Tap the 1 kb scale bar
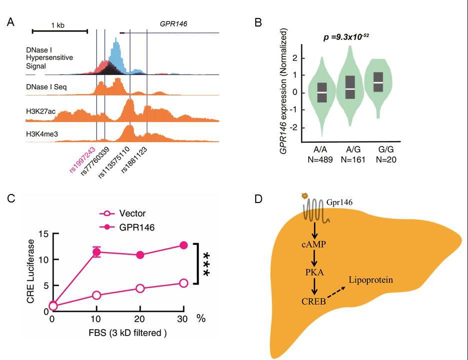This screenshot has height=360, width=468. pos(60,30)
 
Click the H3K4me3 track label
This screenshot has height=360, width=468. pos(41,133)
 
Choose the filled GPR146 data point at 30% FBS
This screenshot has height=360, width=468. pos(183,245)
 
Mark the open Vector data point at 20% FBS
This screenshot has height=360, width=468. pos(140,288)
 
